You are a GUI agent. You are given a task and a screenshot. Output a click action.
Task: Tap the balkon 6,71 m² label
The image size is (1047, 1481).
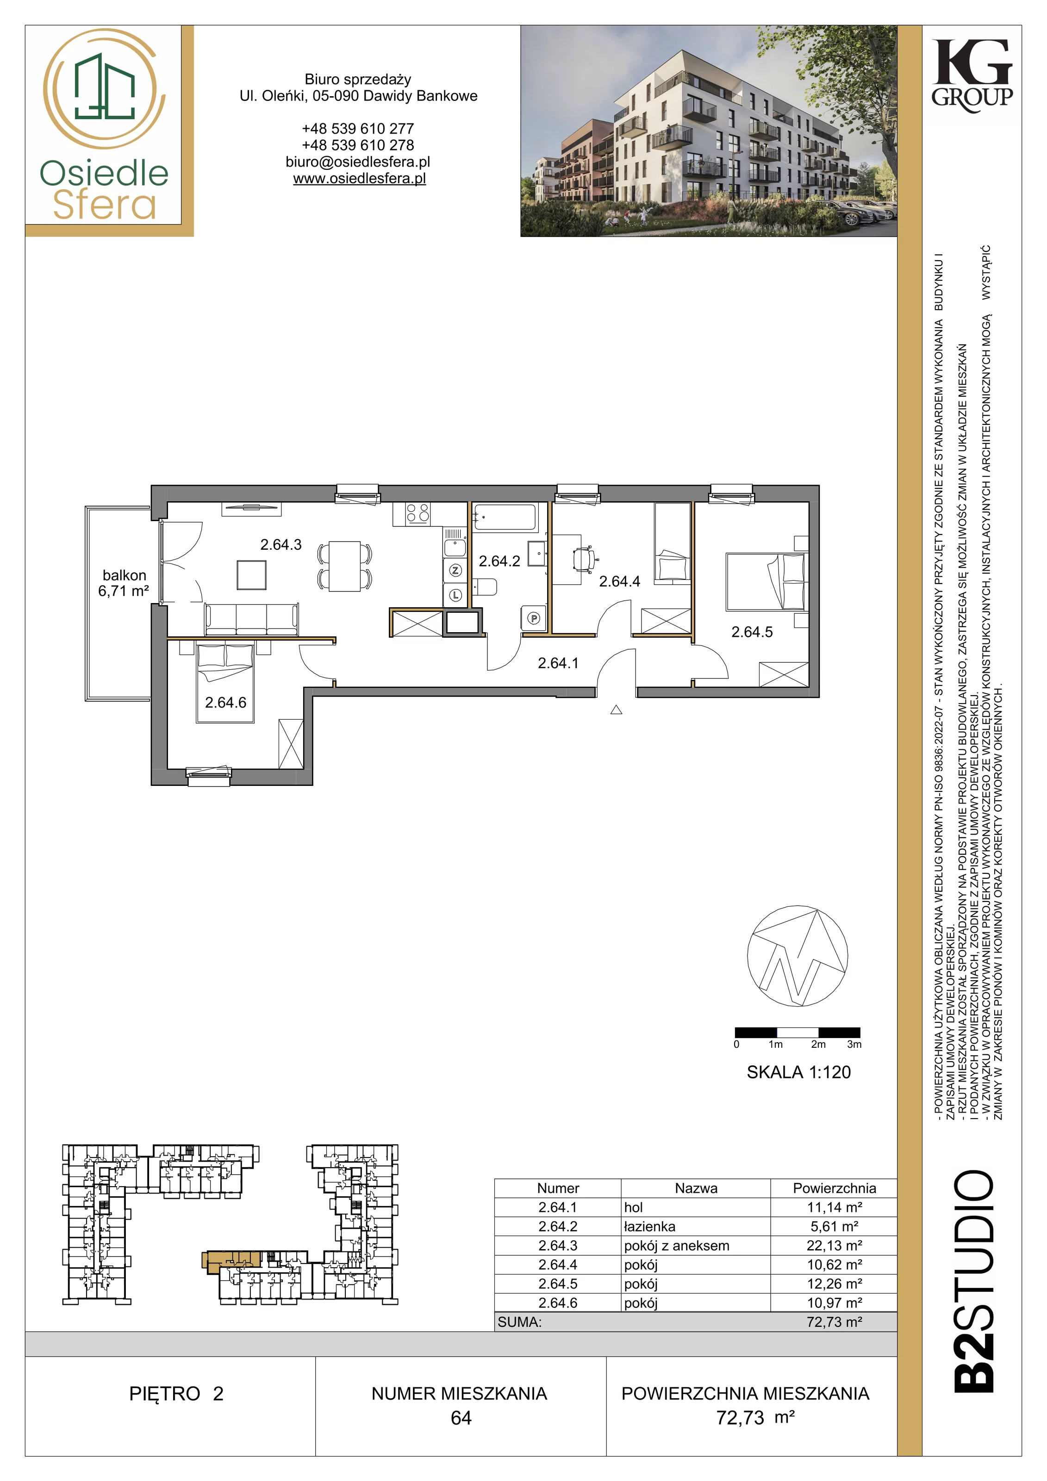(x=124, y=583)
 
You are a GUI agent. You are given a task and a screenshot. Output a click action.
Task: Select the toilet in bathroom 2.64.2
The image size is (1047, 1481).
(x=485, y=588)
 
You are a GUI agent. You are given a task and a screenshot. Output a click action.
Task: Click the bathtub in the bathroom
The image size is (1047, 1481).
(x=505, y=517)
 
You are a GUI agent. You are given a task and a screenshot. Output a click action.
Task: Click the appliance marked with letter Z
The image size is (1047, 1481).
(x=456, y=570)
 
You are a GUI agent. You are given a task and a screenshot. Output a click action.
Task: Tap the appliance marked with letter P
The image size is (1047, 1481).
(x=534, y=619)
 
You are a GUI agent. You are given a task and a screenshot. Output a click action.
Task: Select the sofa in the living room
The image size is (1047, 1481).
(x=252, y=619)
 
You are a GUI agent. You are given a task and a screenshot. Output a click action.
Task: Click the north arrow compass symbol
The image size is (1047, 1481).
(x=798, y=956)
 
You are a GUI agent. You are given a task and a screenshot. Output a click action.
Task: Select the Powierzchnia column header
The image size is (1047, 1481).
(x=834, y=1188)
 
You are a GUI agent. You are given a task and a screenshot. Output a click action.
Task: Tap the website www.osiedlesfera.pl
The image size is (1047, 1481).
(x=359, y=179)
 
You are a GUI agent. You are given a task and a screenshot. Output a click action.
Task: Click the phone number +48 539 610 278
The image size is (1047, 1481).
(x=358, y=145)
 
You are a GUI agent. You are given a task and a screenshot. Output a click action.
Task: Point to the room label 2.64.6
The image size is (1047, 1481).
(x=226, y=703)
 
